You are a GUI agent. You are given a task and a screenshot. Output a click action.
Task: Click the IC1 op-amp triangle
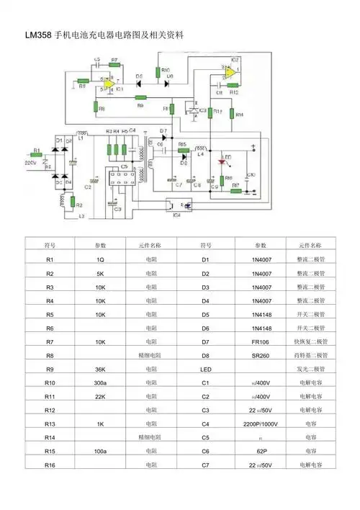[109, 84]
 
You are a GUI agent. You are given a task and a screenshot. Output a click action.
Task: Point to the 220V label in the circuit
[30, 163]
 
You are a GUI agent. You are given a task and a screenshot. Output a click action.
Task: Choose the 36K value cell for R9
[101, 370]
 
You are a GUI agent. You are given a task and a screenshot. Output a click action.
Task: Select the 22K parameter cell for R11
[101, 396]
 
